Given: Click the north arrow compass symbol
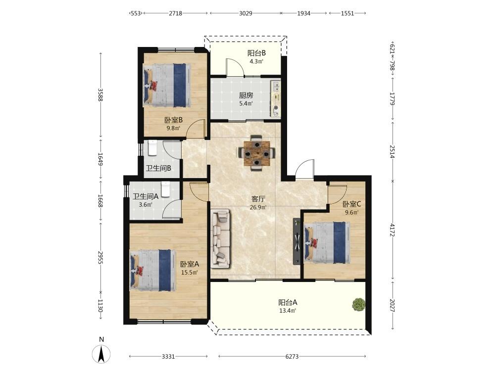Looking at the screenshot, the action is coord(101,354).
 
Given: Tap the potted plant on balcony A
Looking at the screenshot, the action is coord(359,304).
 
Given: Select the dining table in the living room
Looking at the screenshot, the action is coord(257,153).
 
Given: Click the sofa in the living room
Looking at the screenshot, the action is coord(220,239).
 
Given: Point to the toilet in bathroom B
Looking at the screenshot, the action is coord(152,148).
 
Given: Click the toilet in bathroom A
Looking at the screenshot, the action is coord(166,189).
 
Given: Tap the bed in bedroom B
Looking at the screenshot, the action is coord(167,85).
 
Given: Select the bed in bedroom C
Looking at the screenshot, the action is coord(327,242).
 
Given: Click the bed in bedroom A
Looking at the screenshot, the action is coord(153,271).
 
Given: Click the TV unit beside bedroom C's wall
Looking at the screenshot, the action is coord(297,241).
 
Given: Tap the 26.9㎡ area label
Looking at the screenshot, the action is coord(258,208).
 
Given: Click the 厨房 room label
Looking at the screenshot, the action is coord(246,95).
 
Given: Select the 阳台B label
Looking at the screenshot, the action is coord(256,53).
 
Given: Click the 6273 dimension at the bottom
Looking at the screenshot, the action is coord(292,357).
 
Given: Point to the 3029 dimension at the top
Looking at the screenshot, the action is coord(246,13).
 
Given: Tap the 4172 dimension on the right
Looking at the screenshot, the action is coord(392,230).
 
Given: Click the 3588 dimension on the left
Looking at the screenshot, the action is coord(100,94).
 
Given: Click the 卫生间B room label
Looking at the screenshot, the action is coord(158,168).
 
